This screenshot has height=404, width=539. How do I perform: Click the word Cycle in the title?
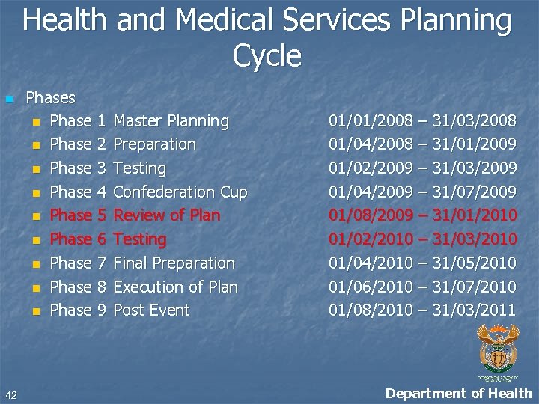[267, 55]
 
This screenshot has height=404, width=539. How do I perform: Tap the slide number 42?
[10, 394]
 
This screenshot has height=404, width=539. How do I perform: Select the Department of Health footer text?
[458, 394]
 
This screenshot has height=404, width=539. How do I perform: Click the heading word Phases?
[50, 97]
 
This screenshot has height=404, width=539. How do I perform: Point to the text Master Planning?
[171, 121]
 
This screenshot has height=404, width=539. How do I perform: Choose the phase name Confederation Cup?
[180, 192]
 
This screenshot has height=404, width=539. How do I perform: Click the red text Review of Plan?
[166, 215]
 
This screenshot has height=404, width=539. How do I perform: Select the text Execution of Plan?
[175, 287]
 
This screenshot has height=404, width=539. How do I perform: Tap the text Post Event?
[151, 310]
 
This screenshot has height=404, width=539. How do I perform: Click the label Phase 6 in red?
[78, 239]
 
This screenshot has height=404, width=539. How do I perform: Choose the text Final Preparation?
[174, 263]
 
